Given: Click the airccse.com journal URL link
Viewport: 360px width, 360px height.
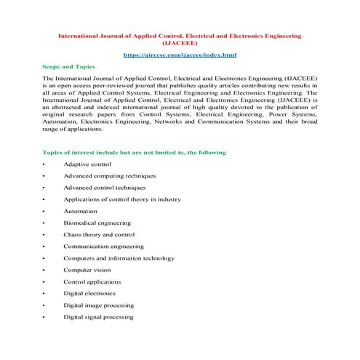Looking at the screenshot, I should pos(180,55).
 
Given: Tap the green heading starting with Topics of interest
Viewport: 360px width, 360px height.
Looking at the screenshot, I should pos(135,152).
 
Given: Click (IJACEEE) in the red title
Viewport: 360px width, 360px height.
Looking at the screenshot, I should pos(180,43).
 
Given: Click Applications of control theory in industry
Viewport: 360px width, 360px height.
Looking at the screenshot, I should pos(121,199).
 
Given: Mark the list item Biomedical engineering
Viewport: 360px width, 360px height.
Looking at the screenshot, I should pos(97,223).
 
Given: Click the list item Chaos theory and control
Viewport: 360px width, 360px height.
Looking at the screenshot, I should pos(99,234).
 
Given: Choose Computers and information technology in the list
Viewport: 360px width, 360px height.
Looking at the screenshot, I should pos(119,258).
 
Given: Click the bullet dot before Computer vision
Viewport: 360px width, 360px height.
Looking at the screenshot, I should pos(44,270).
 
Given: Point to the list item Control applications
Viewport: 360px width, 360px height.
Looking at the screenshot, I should pos(92,281).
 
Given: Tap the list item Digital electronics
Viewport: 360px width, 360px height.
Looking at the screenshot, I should pos(91,293).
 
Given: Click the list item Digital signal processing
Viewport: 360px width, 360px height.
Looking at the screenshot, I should pos(98,317).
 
